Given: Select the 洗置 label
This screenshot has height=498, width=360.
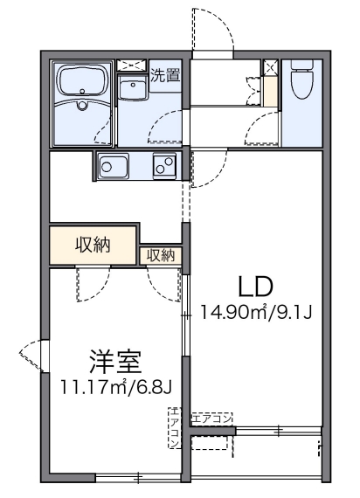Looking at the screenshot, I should (x=165, y=75).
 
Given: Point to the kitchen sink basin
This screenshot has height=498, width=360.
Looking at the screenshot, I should (x=113, y=164).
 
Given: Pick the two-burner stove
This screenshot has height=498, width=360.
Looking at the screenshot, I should (x=164, y=163).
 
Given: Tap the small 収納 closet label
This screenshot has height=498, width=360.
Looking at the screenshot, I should (x=161, y=255).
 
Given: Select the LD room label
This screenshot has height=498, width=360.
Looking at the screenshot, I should (x=256, y=287).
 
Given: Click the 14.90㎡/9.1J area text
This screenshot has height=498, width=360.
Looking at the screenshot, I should (x=256, y=312).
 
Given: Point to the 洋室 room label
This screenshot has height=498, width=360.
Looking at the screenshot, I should (x=114, y=361).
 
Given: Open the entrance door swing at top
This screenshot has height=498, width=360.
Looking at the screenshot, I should (x=212, y=31).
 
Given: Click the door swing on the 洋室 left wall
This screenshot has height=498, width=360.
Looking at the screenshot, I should (x=32, y=355).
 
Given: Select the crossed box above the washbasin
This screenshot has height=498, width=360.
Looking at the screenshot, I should (x=133, y=66).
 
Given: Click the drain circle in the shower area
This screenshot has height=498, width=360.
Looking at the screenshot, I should (x=82, y=108).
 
